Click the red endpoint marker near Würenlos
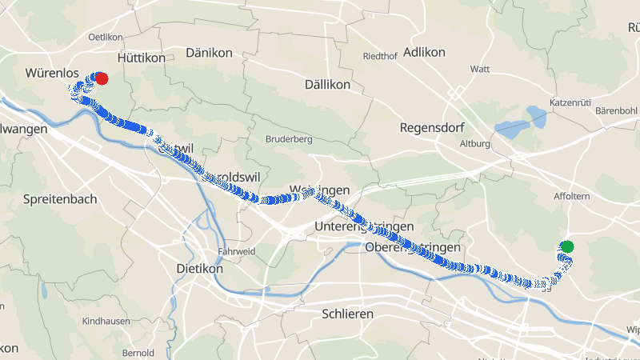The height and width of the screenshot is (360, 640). (102, 78)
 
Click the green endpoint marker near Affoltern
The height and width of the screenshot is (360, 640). (567, 246)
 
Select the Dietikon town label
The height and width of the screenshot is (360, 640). (199, 269)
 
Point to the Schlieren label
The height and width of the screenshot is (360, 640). (347, 314)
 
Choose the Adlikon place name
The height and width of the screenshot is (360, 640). (424, 52)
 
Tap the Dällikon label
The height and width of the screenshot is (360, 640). (328, 84)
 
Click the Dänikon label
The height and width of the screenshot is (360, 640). (208, 53)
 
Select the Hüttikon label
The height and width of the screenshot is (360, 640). (141, 58)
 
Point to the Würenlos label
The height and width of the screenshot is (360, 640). (51, 73)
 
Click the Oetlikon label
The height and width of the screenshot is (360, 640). (105, 37)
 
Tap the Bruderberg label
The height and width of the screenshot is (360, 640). (289, 138)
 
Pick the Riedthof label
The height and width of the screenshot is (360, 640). (380, 56)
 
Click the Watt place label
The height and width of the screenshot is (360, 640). (480, 69)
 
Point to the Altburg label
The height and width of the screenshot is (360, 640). (474, 144)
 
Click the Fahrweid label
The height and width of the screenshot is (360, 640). (236, 250)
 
